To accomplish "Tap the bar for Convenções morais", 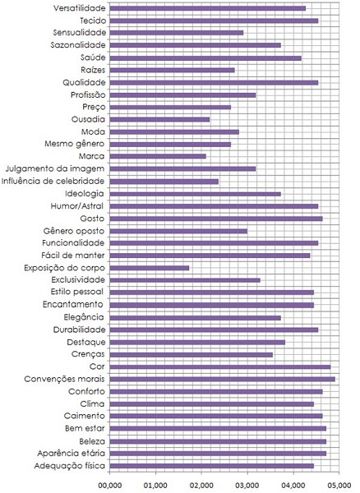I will click(222, 379).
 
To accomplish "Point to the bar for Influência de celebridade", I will click(164, 181).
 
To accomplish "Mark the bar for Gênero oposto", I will click(178, 231).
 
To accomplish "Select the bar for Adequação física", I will click(211, 466).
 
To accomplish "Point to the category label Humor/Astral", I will click(78, 206).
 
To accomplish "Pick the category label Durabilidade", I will click(77, 329).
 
